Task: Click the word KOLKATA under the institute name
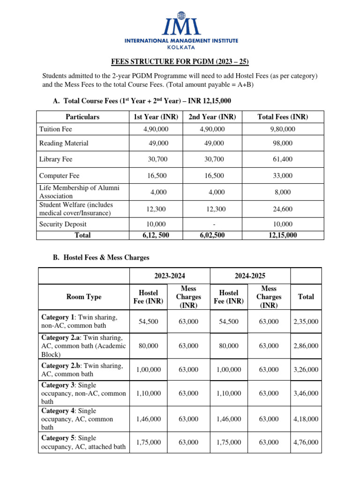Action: pos(180,47)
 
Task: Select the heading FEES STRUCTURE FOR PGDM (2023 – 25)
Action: pos(180,61)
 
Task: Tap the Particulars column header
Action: pos(82,117)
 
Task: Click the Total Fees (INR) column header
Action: pos(283,117)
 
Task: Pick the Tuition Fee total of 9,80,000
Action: pos(283,129)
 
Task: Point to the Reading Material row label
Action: pos(64,143)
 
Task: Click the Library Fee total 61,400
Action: pos(283,159)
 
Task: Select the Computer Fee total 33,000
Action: pos(283,176)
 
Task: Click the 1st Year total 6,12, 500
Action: pos(156,235)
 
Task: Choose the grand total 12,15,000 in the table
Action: pos(283,235)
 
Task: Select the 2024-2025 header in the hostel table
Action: pos(250,276)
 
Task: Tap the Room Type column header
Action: pos(84,297)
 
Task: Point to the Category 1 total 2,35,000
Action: pos(306,322)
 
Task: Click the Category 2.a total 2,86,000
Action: pos(306,346)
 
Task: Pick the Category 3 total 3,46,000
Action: pos(306,393)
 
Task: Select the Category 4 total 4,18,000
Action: pos(306,419)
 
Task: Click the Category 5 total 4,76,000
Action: pos(306,442)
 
